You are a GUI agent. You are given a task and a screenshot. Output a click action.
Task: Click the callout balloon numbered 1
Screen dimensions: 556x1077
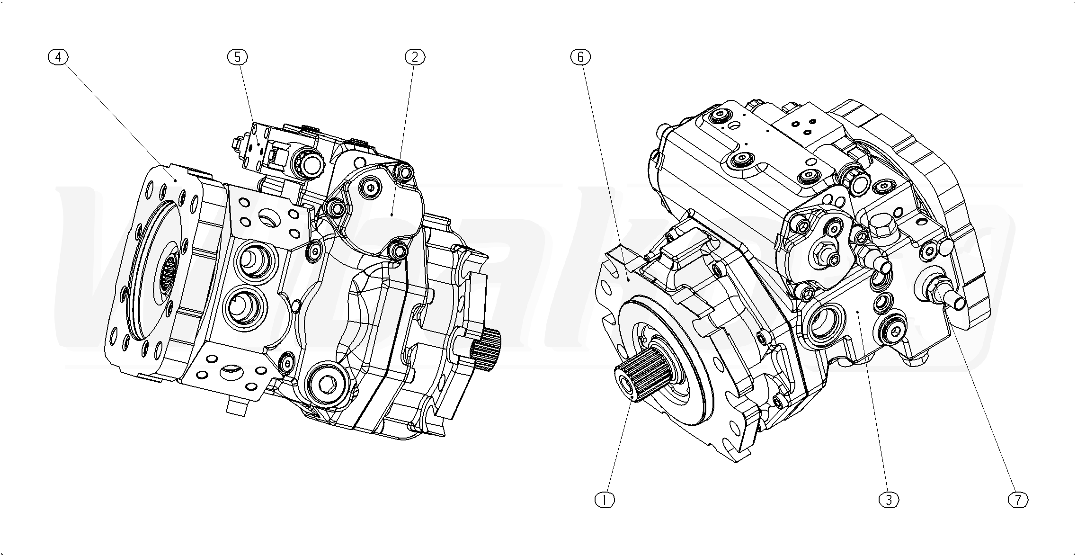click(x=605, y=499)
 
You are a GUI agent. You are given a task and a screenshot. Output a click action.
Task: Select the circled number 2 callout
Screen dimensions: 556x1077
click(x=415, y=57)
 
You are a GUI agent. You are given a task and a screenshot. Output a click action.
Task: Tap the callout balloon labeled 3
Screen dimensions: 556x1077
click(x=888, y=499)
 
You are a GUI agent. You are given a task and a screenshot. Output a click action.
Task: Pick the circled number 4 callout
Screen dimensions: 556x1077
click(x=58, y=57)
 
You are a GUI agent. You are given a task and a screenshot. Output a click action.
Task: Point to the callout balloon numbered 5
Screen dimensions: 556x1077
click(x=237, y=57)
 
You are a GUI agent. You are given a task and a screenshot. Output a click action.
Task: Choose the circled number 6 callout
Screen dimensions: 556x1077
click(x=581, y=57)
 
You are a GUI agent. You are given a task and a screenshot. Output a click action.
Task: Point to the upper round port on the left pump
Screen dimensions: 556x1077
click(x=254, y=259)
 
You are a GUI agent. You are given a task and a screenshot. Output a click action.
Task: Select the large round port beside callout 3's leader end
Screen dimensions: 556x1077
click(x=823, y=325)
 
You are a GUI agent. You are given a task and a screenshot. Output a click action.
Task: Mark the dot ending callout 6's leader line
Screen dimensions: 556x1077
click(x=628, y=279)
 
